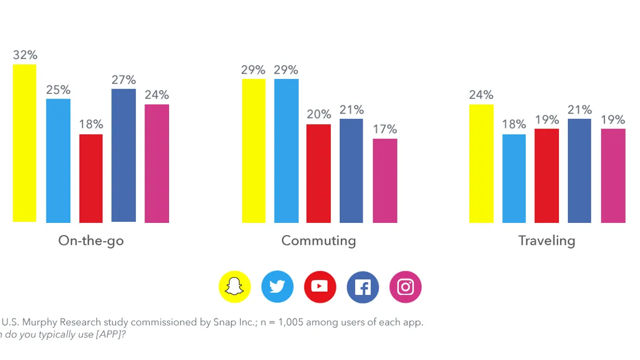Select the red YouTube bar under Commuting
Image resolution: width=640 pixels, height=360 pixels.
(x=318, y=173)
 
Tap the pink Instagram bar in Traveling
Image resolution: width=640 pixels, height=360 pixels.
(x=613, y=175)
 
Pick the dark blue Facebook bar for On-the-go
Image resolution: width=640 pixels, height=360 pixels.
(x=123, y=155)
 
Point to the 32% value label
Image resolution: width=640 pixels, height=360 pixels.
(x=25, y=55)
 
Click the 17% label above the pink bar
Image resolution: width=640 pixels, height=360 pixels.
(x=385, y=129)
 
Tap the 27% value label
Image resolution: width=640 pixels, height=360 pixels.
(x=124, y=80)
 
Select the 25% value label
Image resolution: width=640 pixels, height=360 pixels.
(x=58, y=90)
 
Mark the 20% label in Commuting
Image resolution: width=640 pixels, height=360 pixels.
(x=319, y=114)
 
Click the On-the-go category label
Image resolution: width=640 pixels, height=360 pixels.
(x=91, y=241)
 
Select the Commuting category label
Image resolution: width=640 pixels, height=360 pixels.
(x=318, y=241)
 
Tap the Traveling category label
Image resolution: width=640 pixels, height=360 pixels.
(x=547, y=241)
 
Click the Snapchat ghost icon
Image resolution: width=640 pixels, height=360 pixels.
(x=235, y=287)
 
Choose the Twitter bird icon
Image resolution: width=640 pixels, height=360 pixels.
(x=277, y=287)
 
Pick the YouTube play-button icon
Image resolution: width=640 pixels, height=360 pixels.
(x=320, y=287)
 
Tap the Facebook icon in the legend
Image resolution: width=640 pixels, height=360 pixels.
(x=363, y=287)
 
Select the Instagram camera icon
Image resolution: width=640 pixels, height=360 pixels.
(x=405, y=287)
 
